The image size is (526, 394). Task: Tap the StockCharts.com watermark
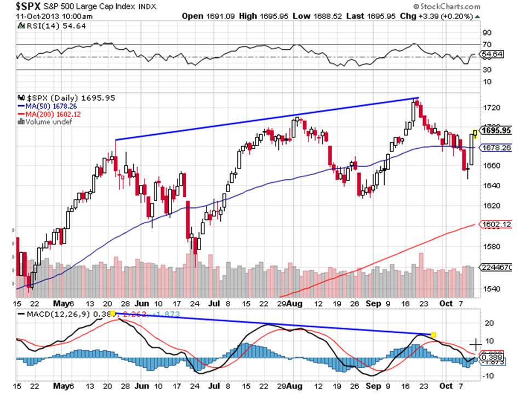449,6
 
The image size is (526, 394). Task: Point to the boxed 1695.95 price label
496,130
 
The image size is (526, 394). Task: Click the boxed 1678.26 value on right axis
496,148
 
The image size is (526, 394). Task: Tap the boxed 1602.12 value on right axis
496,224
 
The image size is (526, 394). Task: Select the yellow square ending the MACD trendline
433,334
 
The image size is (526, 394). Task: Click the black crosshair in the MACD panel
476,344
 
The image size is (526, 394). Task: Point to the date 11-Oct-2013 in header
33,16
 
